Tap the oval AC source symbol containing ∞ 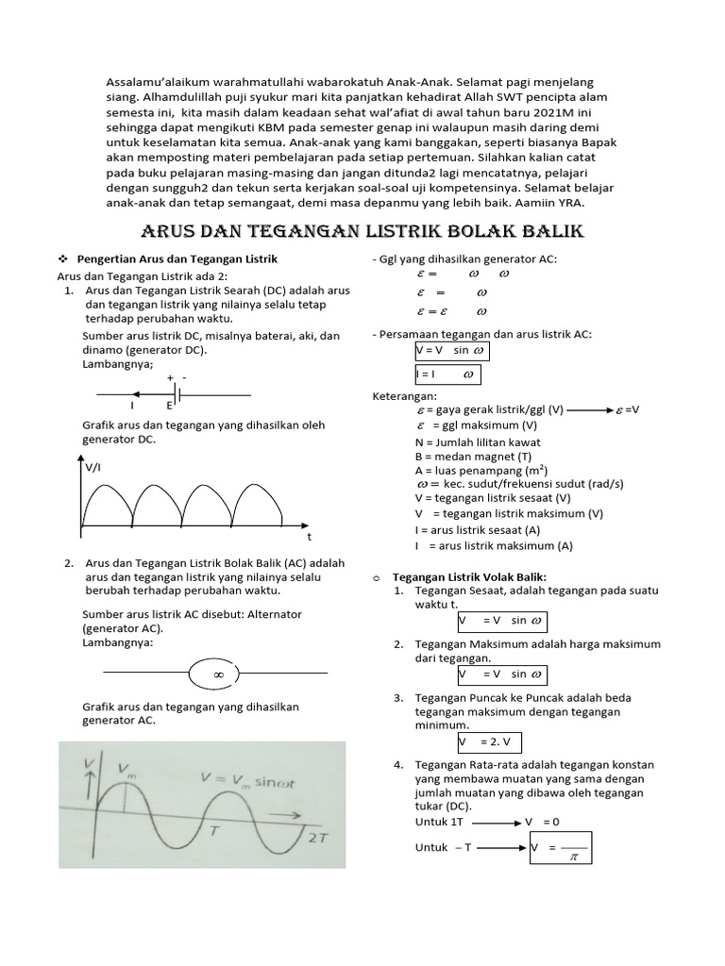(x=218, y=675)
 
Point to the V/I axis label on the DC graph (x=94, y=466)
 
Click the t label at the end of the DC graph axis (x=308, y=535)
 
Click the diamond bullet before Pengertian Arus (x=63, y=258)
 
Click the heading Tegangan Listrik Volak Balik (x=469, y=576)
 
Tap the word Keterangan (x=404, y=397)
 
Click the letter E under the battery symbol (x=170, y=405)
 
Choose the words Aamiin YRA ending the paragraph (x=551, y=203)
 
